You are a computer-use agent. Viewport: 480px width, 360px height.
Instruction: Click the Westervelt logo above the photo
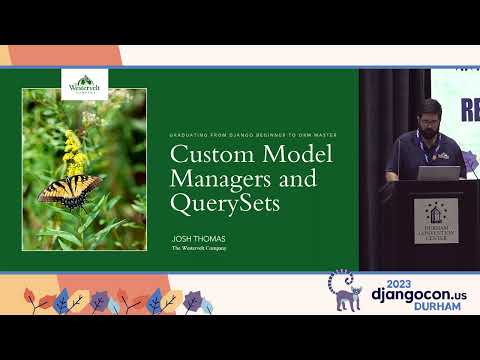(x=83, y=84)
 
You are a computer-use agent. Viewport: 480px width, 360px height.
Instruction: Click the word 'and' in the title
(x=299, y=179)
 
